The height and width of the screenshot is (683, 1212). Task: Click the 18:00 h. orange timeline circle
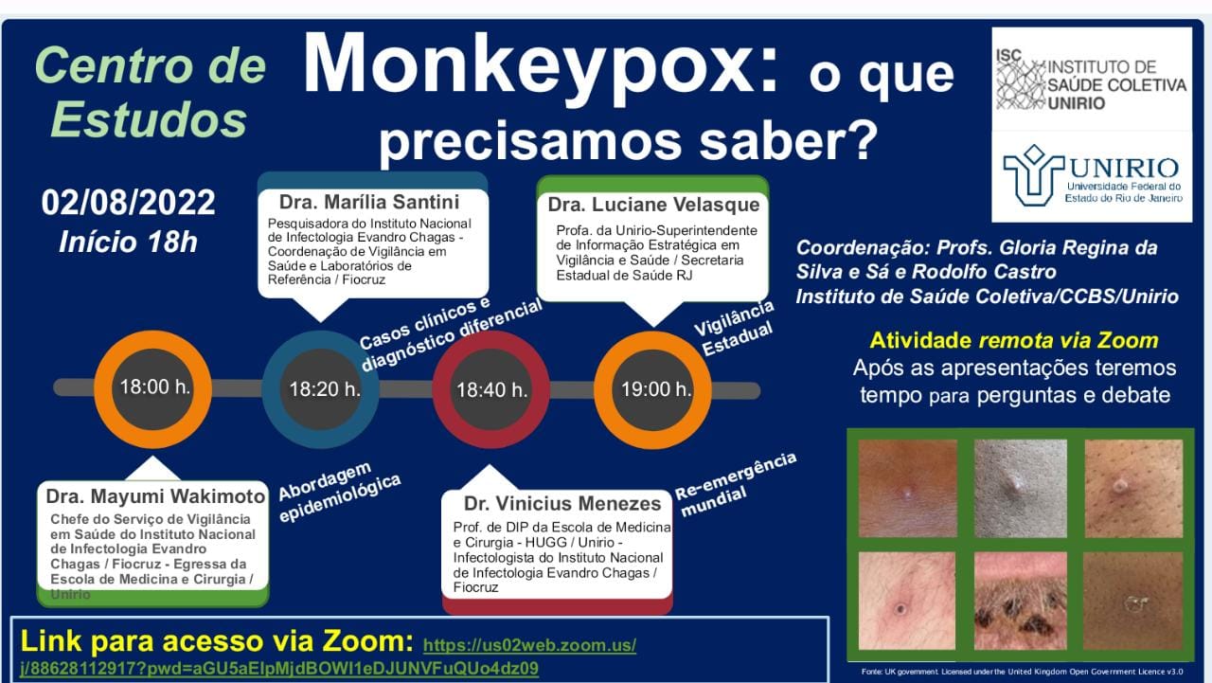click(x=154, y=387)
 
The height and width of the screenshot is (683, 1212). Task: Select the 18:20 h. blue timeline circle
click(x=324, y=388)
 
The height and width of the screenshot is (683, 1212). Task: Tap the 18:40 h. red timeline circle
click(x=491, y=389)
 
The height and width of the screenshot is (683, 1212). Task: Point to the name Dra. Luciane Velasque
click(x=653, y=205)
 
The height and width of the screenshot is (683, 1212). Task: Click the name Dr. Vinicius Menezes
click(x=562, y=504)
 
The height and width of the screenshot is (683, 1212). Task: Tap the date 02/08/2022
click(x=129, y=202)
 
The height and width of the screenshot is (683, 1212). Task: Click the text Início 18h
click(x=128, y=242)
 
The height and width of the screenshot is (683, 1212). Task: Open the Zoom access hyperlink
click(x=529, y=646)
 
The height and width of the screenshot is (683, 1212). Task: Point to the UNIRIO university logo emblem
click(x=1033, y=174)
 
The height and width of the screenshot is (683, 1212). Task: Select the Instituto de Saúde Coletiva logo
click(x=1090, y=80)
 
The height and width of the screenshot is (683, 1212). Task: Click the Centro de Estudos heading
click(x=150, y=93)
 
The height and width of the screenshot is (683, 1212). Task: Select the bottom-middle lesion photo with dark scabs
click(x=1020, y=601)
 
